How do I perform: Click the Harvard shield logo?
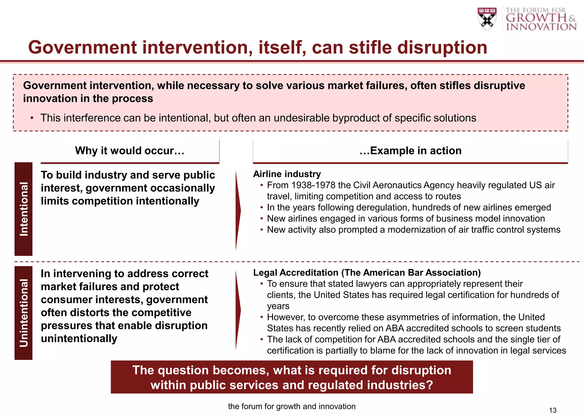487,19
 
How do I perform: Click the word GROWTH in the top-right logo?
536,18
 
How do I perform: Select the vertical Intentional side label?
24,209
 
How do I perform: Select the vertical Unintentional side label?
24,313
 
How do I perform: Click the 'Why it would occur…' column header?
130,151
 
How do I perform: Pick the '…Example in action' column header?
410,151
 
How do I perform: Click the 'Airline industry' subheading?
287,174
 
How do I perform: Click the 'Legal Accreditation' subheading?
296,273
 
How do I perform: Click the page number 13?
553,410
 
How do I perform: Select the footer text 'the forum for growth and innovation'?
292,406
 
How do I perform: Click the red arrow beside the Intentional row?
238,211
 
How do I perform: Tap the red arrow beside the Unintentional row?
238,310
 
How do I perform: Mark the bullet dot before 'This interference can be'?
32,118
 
